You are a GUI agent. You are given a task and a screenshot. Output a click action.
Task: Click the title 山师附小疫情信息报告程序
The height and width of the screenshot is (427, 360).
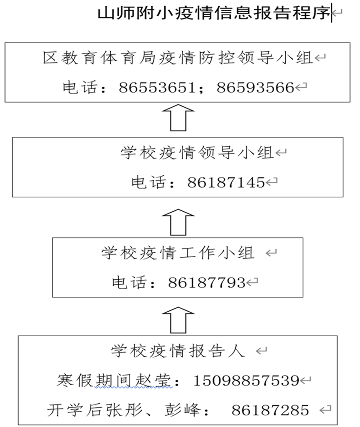213,13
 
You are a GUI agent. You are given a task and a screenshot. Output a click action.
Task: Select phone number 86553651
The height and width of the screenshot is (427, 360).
157,88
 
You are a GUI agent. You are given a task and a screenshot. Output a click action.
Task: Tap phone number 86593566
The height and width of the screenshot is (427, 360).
255,88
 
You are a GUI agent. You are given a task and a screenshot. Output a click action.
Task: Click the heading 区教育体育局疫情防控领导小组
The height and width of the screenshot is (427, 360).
178,58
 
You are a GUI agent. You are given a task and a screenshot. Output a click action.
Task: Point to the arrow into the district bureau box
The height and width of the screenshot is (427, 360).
178,118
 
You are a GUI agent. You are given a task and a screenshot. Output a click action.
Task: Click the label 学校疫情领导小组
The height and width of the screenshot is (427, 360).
197,153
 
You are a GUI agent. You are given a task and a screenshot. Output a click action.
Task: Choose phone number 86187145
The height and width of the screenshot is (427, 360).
226,182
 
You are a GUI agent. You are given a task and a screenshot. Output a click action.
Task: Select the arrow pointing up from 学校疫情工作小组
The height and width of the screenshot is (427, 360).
178,222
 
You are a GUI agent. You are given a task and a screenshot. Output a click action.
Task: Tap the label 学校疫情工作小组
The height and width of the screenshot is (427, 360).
178,253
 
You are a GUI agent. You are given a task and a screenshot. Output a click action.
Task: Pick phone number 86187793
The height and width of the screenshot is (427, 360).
207,283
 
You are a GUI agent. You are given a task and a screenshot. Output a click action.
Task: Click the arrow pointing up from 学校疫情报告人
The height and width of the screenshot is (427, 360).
178,320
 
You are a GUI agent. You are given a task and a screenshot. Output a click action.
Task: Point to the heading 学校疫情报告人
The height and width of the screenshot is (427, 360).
178,351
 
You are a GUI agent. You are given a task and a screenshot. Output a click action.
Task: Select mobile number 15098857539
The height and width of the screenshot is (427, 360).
246,381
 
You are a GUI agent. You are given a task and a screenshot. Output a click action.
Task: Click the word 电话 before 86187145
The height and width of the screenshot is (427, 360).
148,182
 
